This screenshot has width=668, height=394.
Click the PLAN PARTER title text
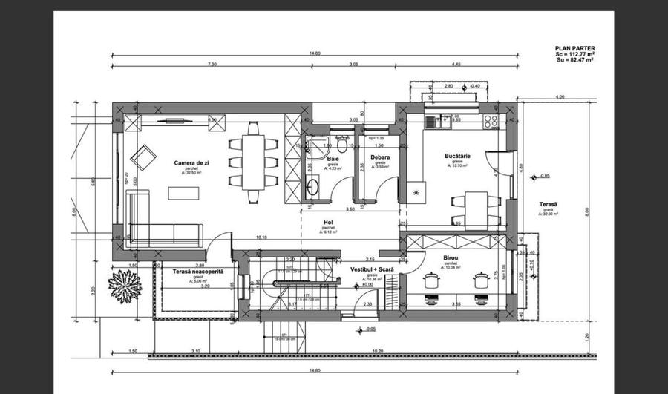click(574, 49)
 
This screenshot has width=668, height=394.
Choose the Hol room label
click(328, 223)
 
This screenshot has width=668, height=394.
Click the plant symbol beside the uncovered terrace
click(123, 286)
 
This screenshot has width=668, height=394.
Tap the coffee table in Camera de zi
click(183, 193)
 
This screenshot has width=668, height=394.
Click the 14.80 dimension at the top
click(315, 53)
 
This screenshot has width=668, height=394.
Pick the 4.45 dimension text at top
click(455, 65)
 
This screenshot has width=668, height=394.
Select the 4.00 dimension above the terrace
click(560, 96)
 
